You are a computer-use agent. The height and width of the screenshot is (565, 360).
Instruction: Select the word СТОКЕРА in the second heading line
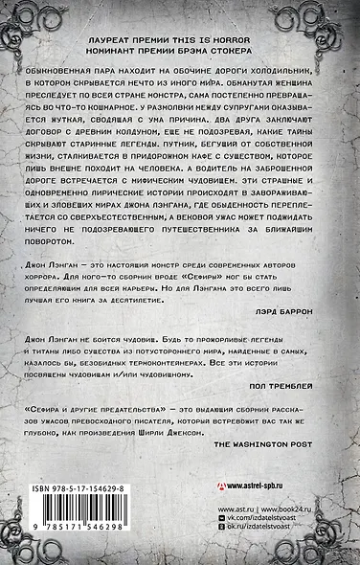tap(237, 48)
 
